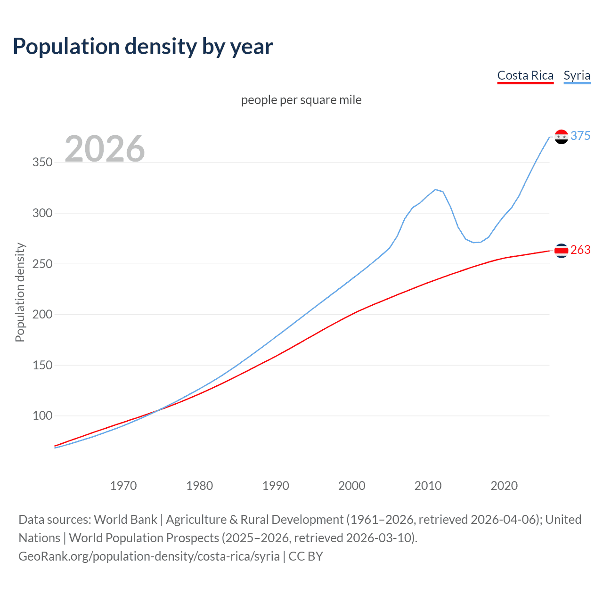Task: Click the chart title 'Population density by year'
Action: [x=143, y=47]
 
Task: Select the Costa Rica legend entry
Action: [x=525, y=76]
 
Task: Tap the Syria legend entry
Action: [x=577, y=76]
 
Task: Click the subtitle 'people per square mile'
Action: [x=301, y=100]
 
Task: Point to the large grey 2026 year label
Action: [x=105, y=149]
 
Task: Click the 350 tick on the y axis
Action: [x=42, y=163]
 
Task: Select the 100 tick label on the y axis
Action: [x=42, y=416]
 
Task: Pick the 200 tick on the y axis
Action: [x=42, y=315]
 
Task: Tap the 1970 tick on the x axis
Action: [x=123, y=486]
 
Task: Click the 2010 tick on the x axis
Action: [x=428, y=486]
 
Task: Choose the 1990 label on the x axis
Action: [x=276, y=486]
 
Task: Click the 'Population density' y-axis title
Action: [x=20, y=292]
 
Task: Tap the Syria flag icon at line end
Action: [x=561, y=137]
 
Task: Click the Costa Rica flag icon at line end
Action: [x=561, y=251]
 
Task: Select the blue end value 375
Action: [x=580, y=136]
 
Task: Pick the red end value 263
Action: [x=580, y=250]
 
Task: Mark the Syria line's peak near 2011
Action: [x=435, y=189]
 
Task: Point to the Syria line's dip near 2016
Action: [x=474, y=242]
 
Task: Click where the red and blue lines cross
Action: [x=158, y=410]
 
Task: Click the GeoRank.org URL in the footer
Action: [x=149, y=556]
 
